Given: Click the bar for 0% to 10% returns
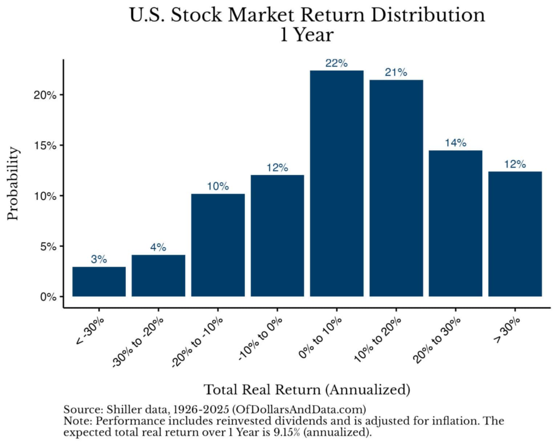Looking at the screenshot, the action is coord(337,183).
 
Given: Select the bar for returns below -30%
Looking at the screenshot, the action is coord(99,282).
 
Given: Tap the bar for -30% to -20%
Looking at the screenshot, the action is coord(159,276).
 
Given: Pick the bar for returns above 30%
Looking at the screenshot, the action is coord(515,234).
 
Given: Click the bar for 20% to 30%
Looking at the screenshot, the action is coord(456,223).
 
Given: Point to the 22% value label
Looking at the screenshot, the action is coord(336,63).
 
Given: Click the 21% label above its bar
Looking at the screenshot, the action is coord(396,72).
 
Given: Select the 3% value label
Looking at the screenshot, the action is coord(99,259).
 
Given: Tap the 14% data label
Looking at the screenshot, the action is coord(456,143).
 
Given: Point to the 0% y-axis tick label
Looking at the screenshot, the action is coord(48,297).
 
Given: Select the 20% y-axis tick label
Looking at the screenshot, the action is coord(45,95).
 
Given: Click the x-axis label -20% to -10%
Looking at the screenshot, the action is coord(197,342).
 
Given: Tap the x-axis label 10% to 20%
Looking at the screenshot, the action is coord(378,340).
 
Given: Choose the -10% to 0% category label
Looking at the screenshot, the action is coord(260,339).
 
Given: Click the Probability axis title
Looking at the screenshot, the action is coord(13,184).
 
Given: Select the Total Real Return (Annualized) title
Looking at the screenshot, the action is coord(307,389).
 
